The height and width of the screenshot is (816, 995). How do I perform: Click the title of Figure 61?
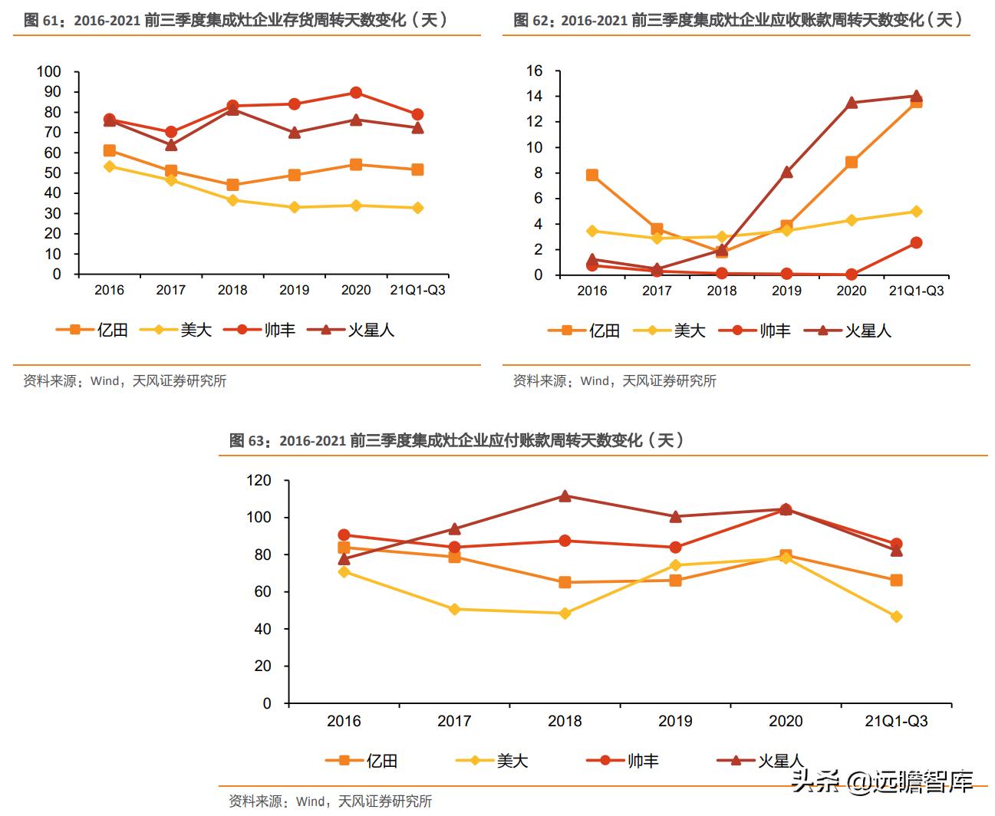pos(236,20)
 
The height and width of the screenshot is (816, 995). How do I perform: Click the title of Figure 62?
pos(738,20)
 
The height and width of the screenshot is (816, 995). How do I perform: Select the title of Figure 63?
pos(456,440)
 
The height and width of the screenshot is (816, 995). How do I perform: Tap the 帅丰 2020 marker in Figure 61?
pos(356,93)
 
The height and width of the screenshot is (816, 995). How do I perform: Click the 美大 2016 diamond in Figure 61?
pos(110,166)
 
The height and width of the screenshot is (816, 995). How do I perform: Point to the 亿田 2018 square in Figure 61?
pos(232,185)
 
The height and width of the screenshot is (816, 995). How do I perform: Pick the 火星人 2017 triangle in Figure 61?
pos(171,145)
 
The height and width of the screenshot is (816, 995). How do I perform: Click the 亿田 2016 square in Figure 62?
pos(592,176)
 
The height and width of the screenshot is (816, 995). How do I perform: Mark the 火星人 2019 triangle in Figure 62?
pos(786,173)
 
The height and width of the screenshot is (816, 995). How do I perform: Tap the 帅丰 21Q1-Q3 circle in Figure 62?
pos(916,243)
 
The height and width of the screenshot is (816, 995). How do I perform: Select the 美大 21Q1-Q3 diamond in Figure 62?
pos(916,212)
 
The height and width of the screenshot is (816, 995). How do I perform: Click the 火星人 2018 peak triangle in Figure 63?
pos(565,496)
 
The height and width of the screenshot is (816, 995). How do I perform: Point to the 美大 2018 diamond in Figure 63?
pos(565,614)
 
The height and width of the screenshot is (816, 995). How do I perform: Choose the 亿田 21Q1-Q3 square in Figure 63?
pos(896,581)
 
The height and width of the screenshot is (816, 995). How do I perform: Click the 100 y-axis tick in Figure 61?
pos(48,72)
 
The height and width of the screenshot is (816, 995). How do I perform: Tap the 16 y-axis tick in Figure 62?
pos(534,71)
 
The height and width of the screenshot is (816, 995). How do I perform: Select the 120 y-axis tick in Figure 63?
pos(259,481)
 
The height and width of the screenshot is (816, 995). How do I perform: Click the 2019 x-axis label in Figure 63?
pos(675,722)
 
